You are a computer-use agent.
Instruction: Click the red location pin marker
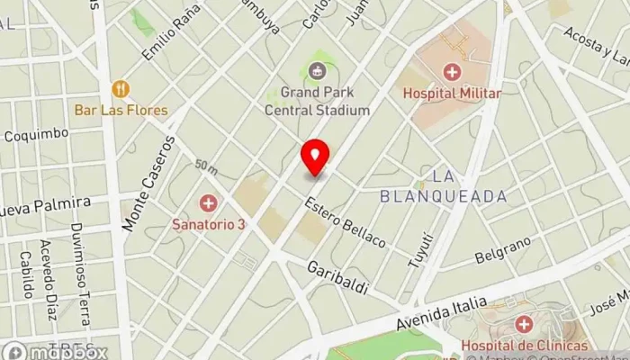click(315, 158)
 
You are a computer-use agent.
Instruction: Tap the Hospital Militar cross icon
click(451, 71)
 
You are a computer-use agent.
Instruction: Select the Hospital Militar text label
click(451, 92)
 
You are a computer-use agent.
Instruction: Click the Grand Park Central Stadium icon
click(317, 70)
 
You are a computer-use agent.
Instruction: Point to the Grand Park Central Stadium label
click(317, 101)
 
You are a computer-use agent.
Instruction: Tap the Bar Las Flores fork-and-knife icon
click(121, 89)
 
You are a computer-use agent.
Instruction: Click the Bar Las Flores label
click(121, 111)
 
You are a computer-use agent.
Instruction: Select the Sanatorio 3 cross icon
click(208, 203)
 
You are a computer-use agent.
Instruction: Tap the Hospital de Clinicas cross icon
click(524, 324)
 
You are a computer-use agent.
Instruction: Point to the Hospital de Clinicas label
click(524, 346)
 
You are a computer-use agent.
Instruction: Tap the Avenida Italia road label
click(443, 315)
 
